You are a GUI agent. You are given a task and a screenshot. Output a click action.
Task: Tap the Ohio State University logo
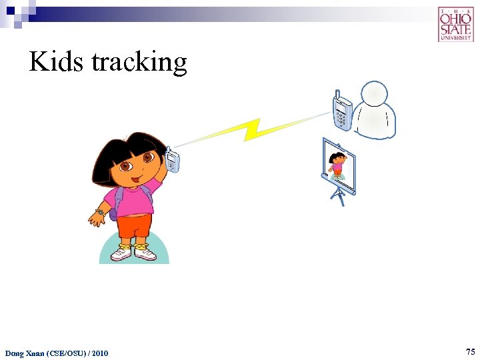tap(455, 25)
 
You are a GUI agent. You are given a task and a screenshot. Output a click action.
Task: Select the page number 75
tap(470, 351)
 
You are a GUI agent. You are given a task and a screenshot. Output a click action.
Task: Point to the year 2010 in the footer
tap(97, 353)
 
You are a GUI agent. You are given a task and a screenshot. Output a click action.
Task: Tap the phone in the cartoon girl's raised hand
tap(173, 159)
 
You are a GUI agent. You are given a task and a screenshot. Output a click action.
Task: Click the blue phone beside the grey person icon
tap(342, 111)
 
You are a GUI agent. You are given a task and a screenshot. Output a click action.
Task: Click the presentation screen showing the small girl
tap(339, 166)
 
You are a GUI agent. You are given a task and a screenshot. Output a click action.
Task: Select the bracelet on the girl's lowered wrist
tap(99, 212)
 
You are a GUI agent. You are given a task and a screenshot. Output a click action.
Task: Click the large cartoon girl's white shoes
tap(134, 254)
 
